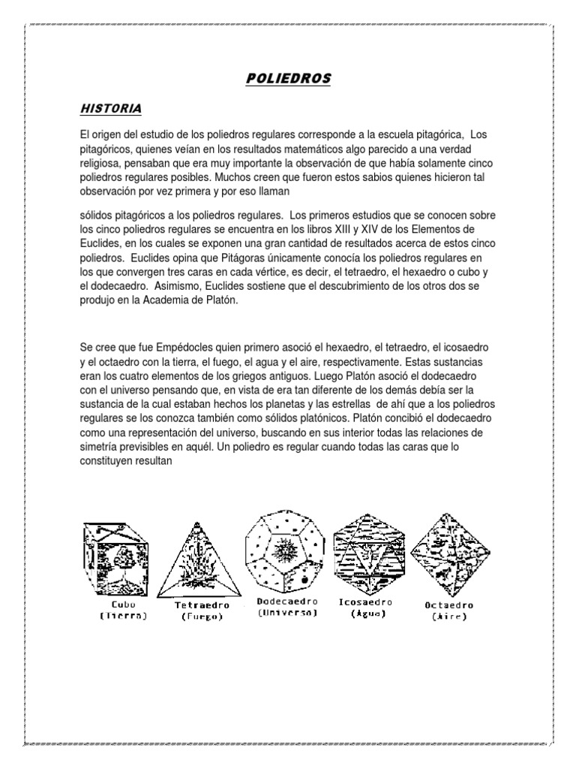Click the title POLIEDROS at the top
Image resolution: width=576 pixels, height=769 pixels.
coord(288,79)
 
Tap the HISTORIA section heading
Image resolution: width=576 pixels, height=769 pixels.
coord(111,110)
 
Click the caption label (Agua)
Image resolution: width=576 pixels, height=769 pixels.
coord(367,614)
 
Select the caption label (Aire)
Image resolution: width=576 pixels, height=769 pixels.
coord(449,617)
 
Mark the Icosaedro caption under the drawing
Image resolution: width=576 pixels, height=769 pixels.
coord(367,602)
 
